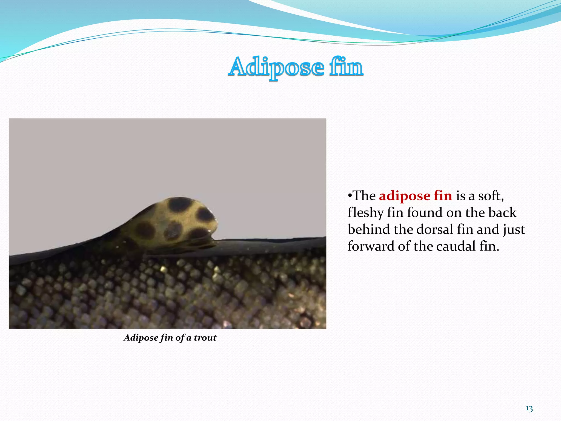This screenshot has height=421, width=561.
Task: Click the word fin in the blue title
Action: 346,67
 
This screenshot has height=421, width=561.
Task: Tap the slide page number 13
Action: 529,409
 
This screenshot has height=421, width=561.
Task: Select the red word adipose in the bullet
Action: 405,196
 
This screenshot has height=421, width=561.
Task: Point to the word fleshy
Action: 365,213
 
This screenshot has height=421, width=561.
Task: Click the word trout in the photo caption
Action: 205,338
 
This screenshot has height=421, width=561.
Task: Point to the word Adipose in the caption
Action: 141,338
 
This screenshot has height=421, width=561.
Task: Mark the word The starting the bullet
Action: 364,196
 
